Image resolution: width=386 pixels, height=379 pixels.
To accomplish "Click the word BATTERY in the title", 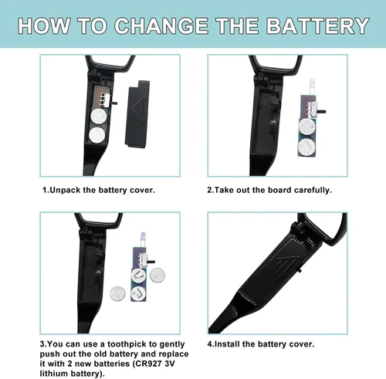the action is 318,26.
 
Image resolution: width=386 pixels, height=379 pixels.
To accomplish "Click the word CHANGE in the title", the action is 161,26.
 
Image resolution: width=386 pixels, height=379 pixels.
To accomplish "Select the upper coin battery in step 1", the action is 99,116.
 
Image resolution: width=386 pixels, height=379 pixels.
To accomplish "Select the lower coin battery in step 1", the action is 97,134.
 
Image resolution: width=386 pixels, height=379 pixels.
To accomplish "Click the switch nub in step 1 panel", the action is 114,103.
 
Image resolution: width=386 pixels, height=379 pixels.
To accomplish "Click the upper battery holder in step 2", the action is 307,127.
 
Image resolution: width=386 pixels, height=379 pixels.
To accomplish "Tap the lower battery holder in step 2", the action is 306,147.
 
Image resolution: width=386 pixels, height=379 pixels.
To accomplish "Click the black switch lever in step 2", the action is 321,112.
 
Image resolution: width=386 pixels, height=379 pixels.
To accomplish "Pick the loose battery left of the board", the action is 117,293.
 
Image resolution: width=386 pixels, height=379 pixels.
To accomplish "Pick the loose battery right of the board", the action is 157,276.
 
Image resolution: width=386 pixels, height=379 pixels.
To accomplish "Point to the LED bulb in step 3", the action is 143,239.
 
